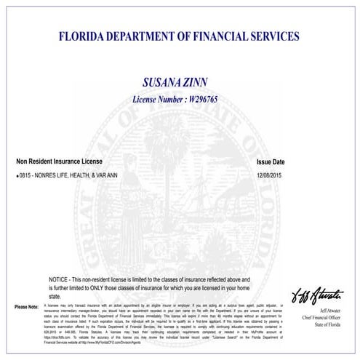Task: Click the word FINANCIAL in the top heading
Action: [219, 35]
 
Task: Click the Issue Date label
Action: [271, 162]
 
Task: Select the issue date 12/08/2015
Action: [271, 176]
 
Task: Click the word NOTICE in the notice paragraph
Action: [60, 279]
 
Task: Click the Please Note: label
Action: [26, 307]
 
